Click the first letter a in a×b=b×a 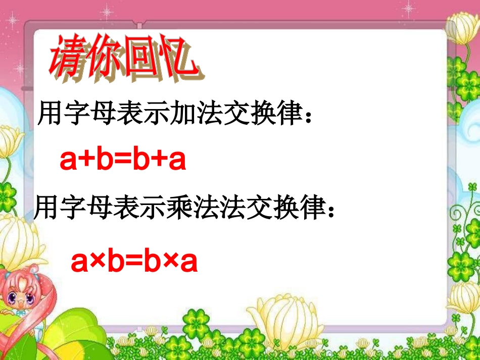coord(80,262)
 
